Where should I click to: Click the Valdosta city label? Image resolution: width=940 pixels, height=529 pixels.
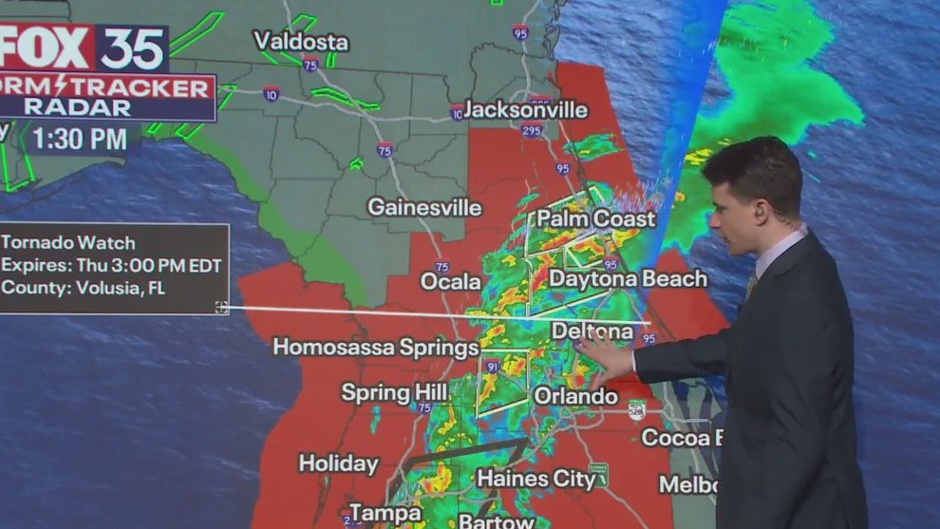[301, 42]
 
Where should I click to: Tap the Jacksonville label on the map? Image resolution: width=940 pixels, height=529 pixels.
[526, 110]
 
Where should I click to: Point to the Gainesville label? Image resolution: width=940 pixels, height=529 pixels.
[424, 207]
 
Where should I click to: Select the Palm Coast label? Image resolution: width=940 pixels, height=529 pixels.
[596, 219]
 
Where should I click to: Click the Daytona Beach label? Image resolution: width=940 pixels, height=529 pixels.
[628, 279]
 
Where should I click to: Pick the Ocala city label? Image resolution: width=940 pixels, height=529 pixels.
[451, 282]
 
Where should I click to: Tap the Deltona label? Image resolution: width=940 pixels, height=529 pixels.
[592, 331]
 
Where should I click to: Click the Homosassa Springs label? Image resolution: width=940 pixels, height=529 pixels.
[376, 348]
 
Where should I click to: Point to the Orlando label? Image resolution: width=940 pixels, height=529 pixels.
[575, 395]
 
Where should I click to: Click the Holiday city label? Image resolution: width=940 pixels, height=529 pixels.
[338, 463]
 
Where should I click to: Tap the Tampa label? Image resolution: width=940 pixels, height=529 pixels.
[385, 513]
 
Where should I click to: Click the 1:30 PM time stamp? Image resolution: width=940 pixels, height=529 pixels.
[80, 140]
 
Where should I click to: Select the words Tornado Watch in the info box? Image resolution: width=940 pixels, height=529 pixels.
[69, 243]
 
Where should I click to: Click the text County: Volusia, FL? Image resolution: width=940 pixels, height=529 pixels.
[84, 288]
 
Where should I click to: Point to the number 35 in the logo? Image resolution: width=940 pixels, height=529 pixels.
[133, 47]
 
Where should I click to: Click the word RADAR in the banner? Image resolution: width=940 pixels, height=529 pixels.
[78, 107]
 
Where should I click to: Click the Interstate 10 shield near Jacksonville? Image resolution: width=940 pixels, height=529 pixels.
[458, 112]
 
